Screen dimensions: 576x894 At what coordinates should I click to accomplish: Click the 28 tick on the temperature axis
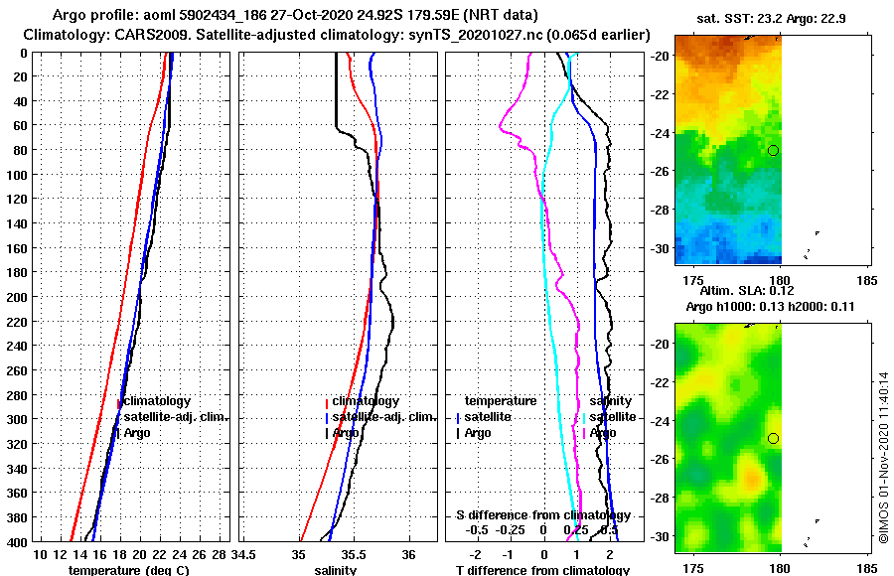[x=220, y=554]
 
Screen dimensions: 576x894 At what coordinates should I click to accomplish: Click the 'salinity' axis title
[x=336, y=570]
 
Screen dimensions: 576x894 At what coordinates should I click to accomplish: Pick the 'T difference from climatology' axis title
[x=542, y=570]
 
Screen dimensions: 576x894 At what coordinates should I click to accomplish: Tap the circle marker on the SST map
[x=773, y=150]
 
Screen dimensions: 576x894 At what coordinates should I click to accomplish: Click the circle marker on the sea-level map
[x=773, y=438]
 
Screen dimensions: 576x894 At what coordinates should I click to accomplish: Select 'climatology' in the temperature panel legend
[x=157, y=401]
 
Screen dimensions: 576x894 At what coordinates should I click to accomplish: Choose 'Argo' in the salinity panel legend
[x=346, y=433]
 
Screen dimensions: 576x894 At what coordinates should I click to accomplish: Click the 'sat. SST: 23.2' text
[x=729, y=19]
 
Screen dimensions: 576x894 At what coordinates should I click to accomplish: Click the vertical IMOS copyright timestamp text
[x=884, y=457]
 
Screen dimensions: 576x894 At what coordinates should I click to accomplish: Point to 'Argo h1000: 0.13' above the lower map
[x=730, y=307]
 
